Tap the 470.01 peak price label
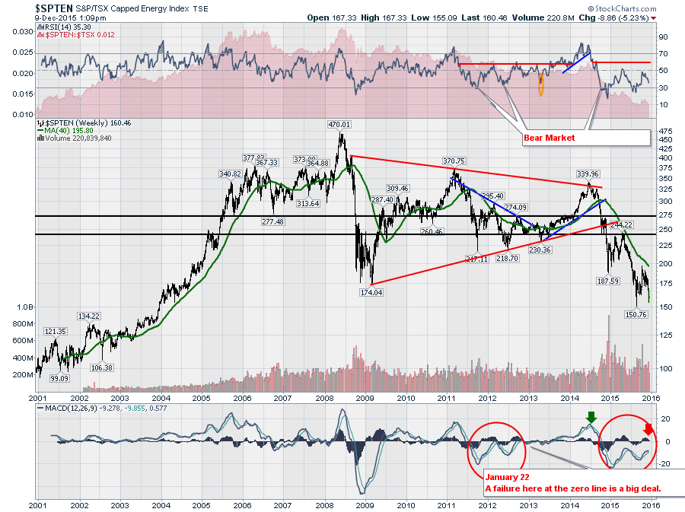(x=339, y=125)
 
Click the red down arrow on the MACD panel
(x=648, y=434)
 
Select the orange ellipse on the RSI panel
(x=540, y=84)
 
